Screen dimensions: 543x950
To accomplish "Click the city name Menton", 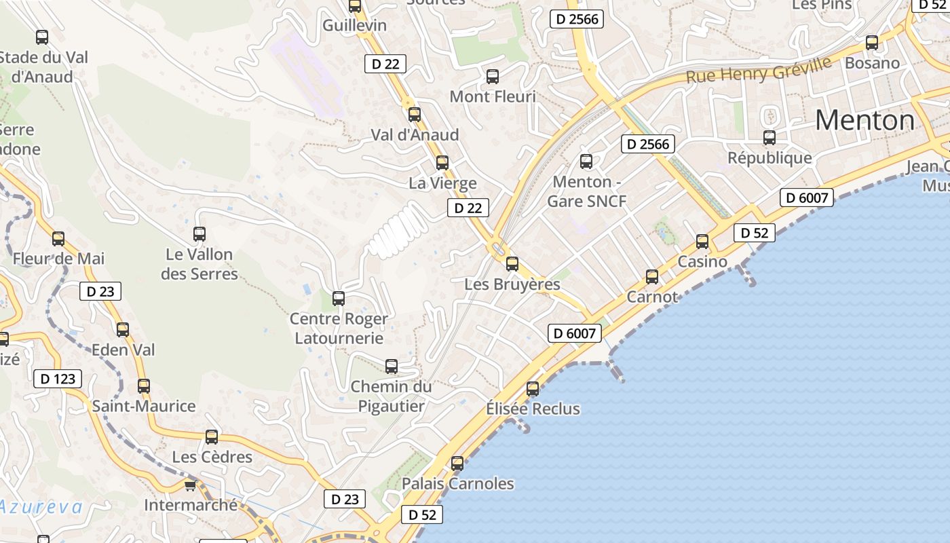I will click(x=864, y=121).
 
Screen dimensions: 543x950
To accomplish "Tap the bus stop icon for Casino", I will click(x=702, y=241).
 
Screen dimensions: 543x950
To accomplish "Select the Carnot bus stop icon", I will click(x=652, y=276).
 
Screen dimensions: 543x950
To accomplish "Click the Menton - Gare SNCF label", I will click(x=586, y=191).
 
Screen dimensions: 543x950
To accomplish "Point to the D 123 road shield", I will click(x=58, y=379).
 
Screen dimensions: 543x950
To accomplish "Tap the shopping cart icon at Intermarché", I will click(x=190, y=485).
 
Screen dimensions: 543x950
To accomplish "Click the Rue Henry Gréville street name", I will click(x=758, y=70).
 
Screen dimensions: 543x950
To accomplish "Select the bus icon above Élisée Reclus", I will click(x=533, y=388).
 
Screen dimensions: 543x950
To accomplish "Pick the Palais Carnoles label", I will click(x=458, y=484).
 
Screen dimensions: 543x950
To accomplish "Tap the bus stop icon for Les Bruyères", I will click(x=512, y=263).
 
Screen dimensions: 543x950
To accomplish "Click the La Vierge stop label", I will click(x=442, y=183).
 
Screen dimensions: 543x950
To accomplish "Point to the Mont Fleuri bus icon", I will click(x=493, y=76).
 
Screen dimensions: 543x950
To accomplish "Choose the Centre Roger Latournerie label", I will click(x=339, y=329).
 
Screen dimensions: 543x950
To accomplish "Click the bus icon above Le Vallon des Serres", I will click(x=199, y=233).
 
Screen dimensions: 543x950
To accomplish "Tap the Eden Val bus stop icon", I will click(x=123, y=329).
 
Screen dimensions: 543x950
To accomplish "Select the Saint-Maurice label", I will click(x=144, y=407).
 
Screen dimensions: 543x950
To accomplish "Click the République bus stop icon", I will click(x=769, y=138).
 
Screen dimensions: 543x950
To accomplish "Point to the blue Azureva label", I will click(x=41, y=507).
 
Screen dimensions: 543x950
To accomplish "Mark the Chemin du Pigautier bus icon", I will click(x=392, y=367).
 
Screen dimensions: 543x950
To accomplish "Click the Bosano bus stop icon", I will click(x=872, y=42).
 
